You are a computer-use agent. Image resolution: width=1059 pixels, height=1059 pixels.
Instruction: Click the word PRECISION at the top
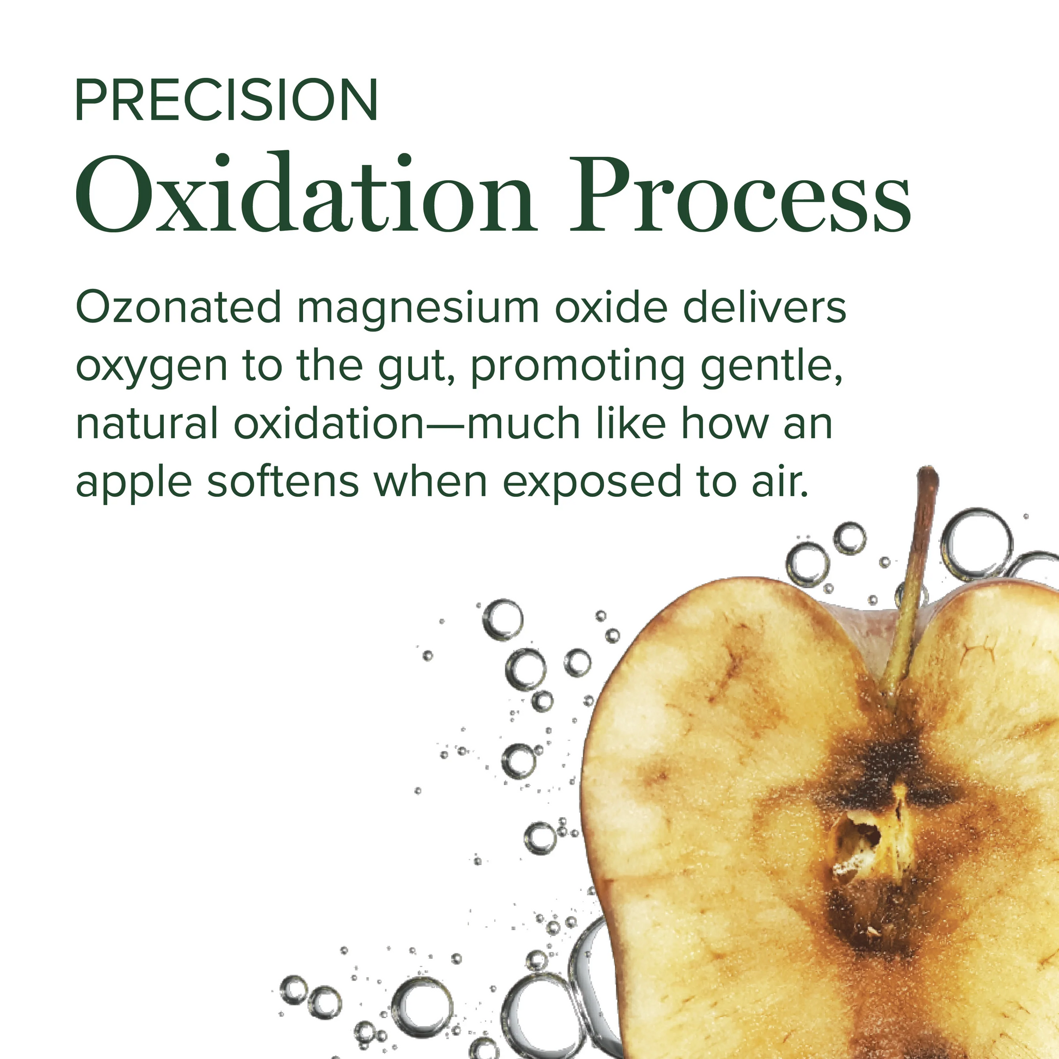226,100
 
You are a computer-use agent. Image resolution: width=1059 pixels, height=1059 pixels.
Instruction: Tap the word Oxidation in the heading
305,194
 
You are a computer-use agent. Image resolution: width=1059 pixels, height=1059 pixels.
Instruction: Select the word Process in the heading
741,195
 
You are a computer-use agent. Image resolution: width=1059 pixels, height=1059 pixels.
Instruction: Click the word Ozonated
178,307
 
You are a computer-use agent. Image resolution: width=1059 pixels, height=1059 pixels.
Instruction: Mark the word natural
147,424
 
